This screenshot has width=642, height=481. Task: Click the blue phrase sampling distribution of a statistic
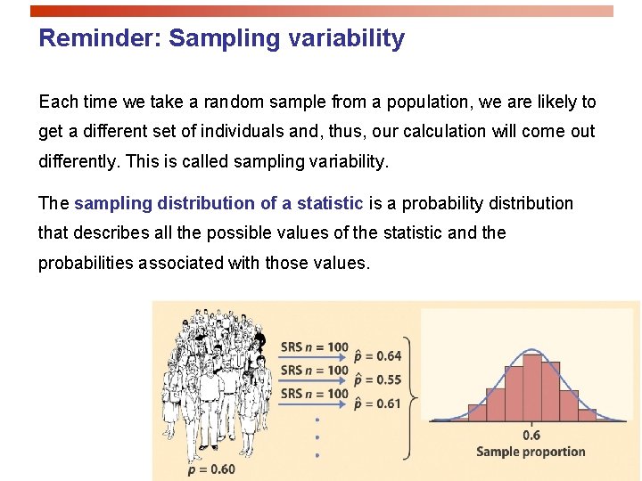click(218, 204)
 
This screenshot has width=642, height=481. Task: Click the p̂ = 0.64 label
click(377, 356)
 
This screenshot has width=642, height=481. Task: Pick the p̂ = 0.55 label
click(377, 380)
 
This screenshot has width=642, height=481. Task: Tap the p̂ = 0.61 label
click(377, 404)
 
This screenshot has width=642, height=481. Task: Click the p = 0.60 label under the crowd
click(212, 469)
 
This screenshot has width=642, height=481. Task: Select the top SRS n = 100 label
click(314, 346)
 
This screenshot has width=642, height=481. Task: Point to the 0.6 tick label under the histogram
click(531, 435)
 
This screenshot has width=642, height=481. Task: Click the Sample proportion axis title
click(531, 452)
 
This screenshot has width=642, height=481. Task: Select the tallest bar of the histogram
click(532, 387)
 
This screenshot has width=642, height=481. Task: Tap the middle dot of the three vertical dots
click(317, 437)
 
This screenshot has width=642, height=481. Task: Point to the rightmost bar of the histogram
click(587, 414)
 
